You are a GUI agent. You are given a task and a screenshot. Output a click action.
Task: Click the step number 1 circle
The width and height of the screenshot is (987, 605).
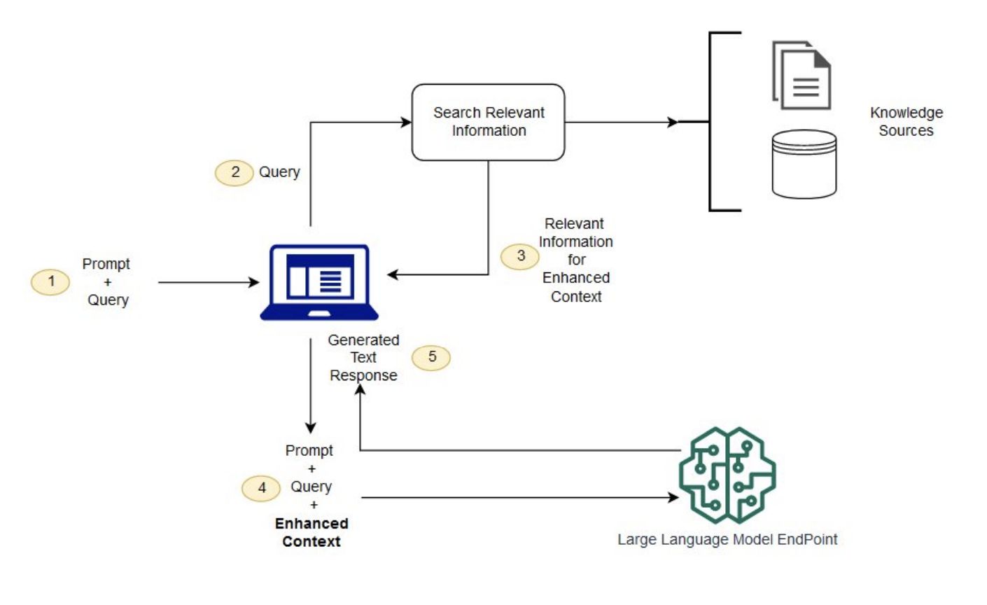tap(50, 282)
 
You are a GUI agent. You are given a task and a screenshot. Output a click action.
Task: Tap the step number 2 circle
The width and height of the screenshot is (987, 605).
tap(234, 172)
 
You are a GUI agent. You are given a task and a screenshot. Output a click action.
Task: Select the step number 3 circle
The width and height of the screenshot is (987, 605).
tap(520, 256)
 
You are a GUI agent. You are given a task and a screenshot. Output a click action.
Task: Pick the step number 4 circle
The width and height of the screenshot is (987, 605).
tap(262, 488)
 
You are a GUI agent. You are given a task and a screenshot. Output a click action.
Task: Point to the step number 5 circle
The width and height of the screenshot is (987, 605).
tap(431, 357)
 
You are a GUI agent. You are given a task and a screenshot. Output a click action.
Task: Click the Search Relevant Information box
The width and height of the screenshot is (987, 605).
tap(488, 122)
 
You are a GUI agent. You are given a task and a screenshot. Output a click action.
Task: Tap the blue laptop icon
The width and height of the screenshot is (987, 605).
tap(319, 282)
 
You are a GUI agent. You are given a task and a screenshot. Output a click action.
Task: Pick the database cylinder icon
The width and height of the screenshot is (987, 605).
tap(804, 164)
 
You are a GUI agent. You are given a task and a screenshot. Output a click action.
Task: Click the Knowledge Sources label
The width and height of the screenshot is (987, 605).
tap(906, 121)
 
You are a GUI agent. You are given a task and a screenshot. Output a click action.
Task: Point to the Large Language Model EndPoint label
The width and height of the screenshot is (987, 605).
tap(727, 539)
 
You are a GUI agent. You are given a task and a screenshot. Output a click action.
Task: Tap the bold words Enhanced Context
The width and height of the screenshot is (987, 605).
tap(311, 532)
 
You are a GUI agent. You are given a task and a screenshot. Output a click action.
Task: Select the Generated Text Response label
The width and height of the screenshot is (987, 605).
tap(363, 358)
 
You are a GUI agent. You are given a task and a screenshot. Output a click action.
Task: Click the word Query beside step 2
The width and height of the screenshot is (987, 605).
tap(279, 172)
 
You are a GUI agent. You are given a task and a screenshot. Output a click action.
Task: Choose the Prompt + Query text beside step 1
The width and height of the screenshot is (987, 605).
tap(107, 282)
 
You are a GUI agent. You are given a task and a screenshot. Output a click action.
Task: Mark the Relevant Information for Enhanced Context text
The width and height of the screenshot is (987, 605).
tap(575, 260)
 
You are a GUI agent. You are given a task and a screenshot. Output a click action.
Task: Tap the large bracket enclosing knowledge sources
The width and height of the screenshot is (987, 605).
tap(711, 121)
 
